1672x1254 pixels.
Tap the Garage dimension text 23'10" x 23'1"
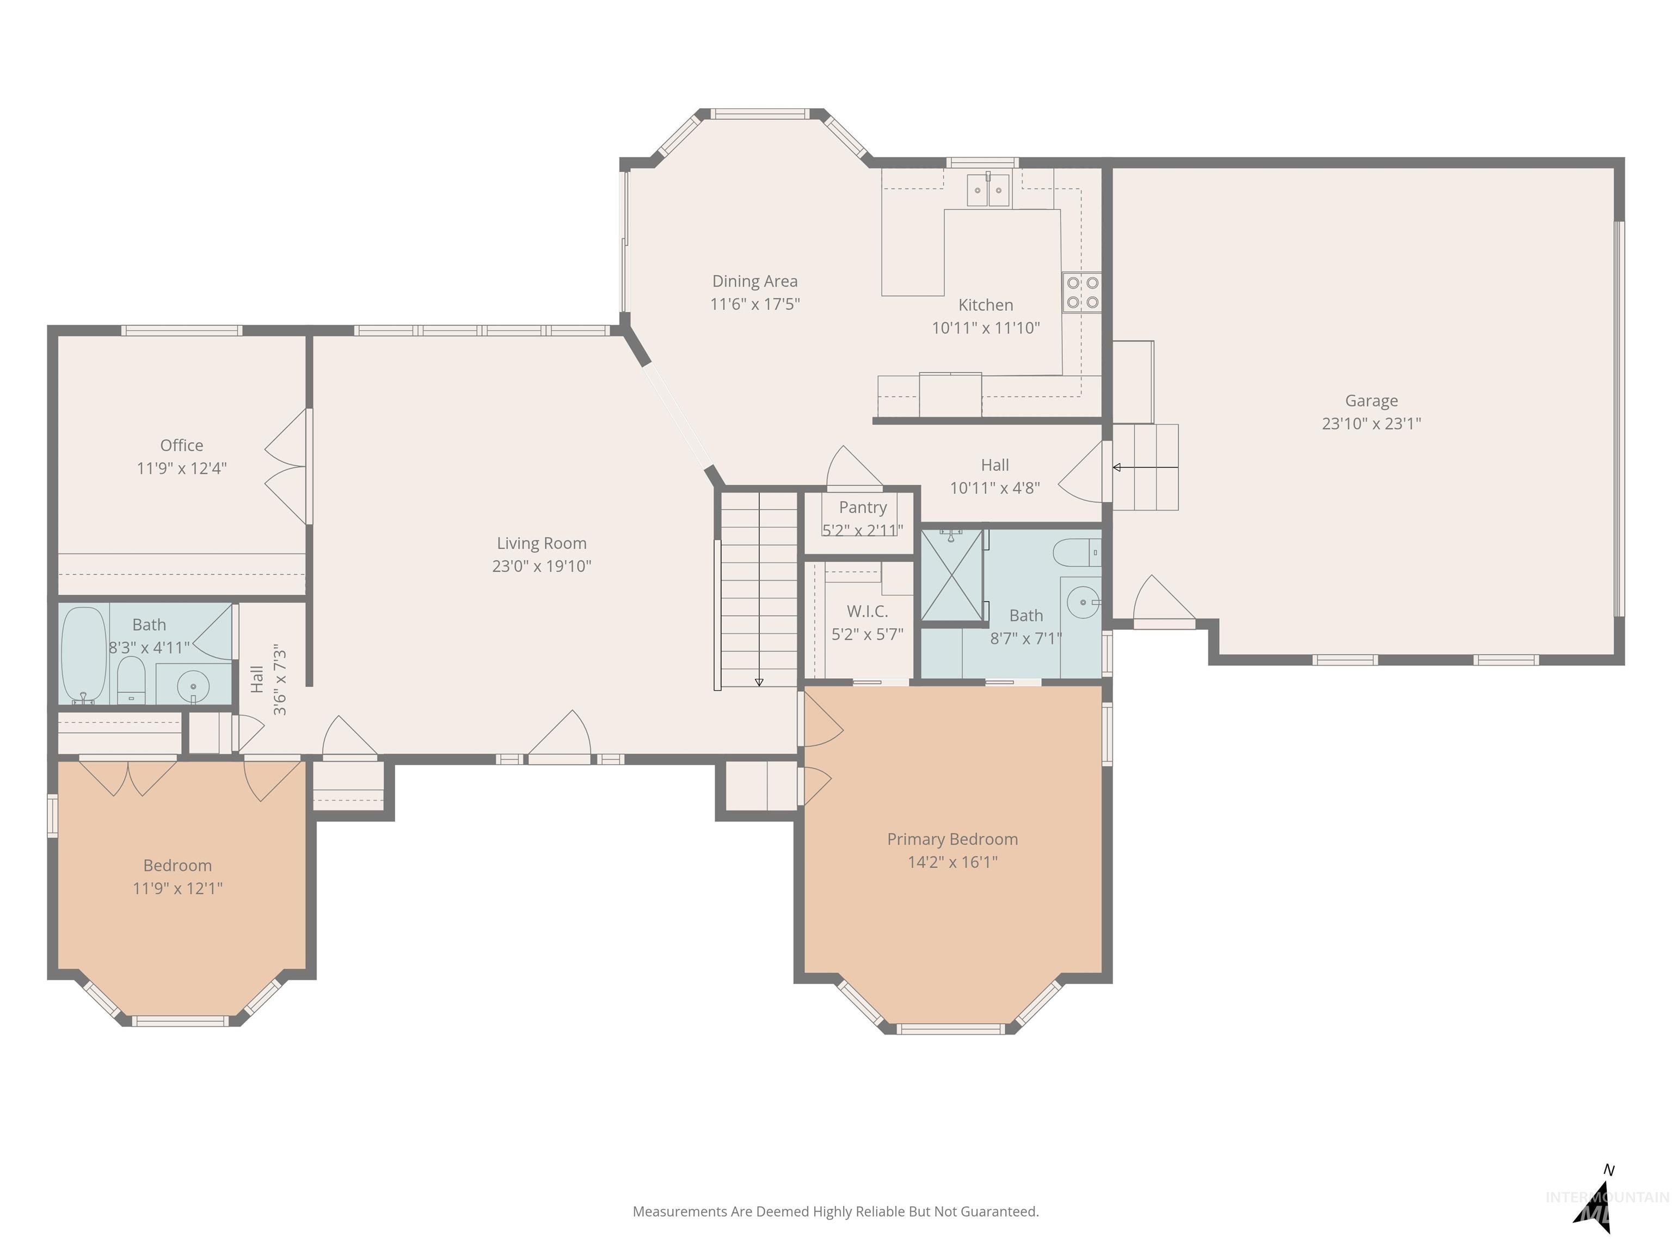point(1371,423)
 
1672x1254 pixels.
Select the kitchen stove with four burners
point(1081,292)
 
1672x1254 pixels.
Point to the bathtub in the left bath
point(83,655)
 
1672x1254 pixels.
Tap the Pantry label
point(863,507)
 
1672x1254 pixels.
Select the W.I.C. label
point(867,611)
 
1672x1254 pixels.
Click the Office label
point(181,445)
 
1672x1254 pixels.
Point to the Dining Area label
point(754,281)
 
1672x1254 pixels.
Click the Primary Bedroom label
point(952,839)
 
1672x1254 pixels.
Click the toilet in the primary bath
point(1077,552)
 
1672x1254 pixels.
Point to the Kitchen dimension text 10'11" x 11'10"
point(986,328)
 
